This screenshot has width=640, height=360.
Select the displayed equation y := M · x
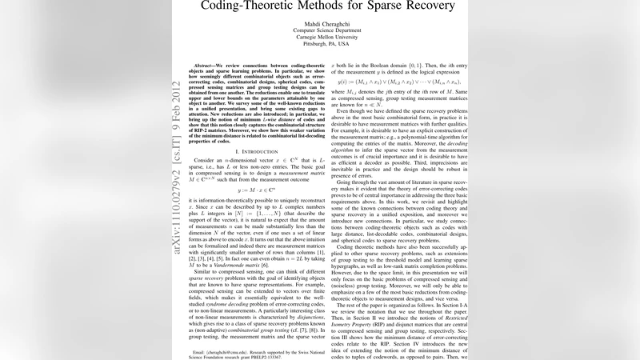click(254, 214)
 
